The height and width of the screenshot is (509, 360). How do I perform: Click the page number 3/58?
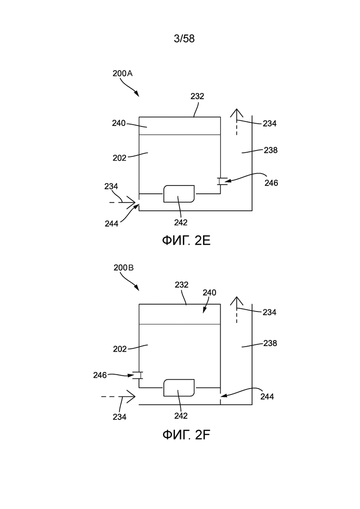click(184, 39)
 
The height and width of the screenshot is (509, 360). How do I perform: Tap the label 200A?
click(123, 73)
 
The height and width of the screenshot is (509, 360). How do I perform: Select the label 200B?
click(124, 268)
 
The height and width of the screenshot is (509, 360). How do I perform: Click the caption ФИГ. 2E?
click(186, 240)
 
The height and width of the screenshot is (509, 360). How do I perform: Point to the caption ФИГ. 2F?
click(186, 435)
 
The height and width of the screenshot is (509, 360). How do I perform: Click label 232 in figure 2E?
click(198, 96)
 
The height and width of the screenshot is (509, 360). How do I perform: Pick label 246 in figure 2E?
click(271, 183)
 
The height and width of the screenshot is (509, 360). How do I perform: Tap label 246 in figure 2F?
click(100, 375)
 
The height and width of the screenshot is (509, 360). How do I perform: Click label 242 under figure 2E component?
click(181, 222)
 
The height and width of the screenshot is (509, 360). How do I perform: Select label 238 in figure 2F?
click(270, 343)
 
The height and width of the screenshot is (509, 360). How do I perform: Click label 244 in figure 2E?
click(112, 224)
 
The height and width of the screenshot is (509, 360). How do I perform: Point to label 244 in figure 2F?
click(267, 397)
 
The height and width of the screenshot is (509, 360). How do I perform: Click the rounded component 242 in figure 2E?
click(179, 194)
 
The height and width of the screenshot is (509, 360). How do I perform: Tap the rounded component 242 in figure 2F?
click(179, 388)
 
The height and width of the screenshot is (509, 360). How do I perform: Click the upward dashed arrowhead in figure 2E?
click(237, 113)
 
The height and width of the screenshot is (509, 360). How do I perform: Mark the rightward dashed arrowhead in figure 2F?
click(131, 397)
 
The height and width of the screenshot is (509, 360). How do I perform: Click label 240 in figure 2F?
click(210, 293)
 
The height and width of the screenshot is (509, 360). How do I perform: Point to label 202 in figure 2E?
click(120, 158)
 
